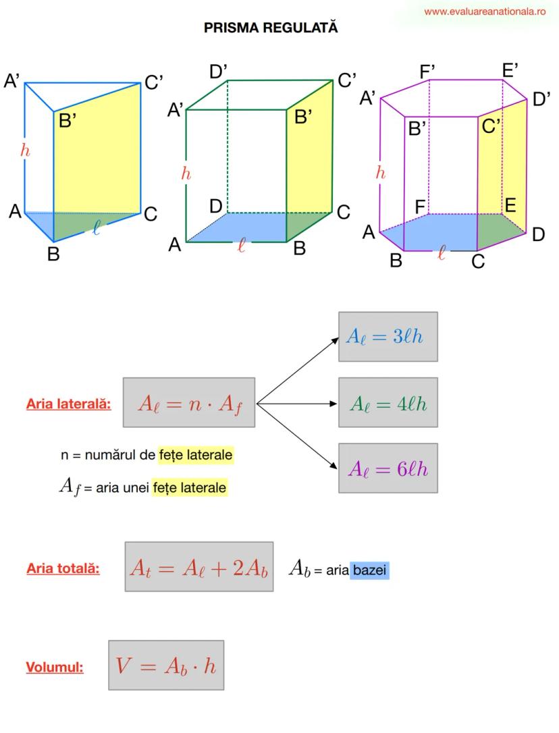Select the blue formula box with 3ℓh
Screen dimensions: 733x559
(388, 337)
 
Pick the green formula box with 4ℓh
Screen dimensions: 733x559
(388, 403)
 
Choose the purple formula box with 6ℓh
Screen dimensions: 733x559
(388, 468)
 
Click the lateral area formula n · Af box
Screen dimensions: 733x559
(188, 403)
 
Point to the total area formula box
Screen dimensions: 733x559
(198, 566)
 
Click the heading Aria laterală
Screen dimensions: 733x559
(69, 404)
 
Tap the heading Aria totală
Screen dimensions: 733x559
(63, 568)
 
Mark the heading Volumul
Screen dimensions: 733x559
(55, 668)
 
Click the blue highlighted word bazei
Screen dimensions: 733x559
(371, 570)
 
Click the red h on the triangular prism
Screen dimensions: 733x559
(26, 151)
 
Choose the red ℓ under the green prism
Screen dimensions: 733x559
(242, 246)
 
